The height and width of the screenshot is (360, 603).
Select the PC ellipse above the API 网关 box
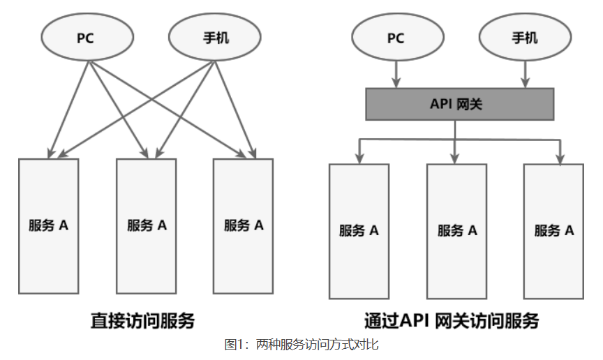pyautogui.click(x=396, y=38)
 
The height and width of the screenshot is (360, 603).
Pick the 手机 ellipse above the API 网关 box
pyautogui.click(x=525, y=38)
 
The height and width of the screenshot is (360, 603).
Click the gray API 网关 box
pyautogui.click(x=460, y=105)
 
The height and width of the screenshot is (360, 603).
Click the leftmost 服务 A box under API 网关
pyautogui.click(x=359, y=231)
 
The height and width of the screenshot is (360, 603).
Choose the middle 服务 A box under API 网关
pyautogui.click(x=457, y=231)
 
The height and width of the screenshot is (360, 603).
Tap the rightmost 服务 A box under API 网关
pyautogui.click(x=554, y=231)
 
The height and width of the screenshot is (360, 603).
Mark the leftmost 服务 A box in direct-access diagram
pyautogui.click(x=48, y=225)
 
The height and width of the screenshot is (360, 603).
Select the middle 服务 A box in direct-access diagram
pyautogui.click(x=147, y=225)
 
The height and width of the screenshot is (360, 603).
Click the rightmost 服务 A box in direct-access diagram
pyautogui.click(x=243, y=225)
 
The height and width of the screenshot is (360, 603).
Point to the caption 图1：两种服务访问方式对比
pyautogui.click(x=301, y=345)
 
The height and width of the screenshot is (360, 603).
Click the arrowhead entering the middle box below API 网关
pyautogui.click(x=456, y=158)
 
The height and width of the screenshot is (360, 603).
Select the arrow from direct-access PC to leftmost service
pyautogui.click(x=68, y=108)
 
